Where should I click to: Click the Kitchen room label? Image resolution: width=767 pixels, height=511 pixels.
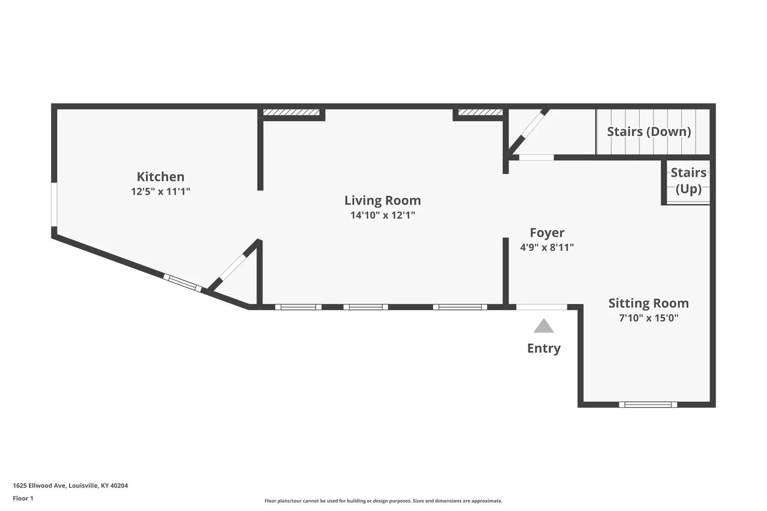click(x=161, y=177)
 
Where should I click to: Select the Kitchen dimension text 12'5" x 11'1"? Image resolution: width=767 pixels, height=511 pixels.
click(x=161, y=191)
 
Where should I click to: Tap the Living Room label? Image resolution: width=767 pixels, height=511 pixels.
click(x=383, y=201)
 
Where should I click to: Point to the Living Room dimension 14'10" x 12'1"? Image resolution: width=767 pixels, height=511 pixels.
click(x=383, y=215)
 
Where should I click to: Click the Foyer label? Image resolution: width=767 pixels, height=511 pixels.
click(x=547, y=233)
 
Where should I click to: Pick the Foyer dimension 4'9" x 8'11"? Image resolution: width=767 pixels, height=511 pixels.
click(x=547, y=247)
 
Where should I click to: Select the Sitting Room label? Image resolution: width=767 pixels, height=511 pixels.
click(x=649, y=303)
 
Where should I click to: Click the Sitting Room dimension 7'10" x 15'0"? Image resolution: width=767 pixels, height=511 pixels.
click(x=649, y=318)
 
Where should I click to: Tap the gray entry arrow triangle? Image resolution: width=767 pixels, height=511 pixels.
click(x=544, y=326)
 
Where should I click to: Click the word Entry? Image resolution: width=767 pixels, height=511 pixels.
click(x=544, y=349)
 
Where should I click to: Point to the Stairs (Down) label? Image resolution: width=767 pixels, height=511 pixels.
click(x=649, y=132)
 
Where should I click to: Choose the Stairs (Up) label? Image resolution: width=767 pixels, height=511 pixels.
click(x=688, y=181)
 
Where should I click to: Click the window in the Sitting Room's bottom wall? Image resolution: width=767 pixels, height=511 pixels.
click(x=648, y=405)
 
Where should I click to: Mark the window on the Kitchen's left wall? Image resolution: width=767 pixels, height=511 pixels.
click(x=54, y=204)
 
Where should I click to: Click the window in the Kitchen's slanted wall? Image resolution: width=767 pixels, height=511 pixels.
click(x=182, y=283)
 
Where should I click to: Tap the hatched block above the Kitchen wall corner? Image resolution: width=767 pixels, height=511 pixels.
click(x=291, y=112)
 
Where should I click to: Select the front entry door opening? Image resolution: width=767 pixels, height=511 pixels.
click(x=542, y=307)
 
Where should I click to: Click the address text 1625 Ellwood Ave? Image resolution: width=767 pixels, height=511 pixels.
click(x=40, y=486)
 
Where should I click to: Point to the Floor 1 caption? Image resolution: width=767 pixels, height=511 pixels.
click(x=23, y=499)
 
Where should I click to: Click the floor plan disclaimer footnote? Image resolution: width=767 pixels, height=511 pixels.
click(x=383, y=501)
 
